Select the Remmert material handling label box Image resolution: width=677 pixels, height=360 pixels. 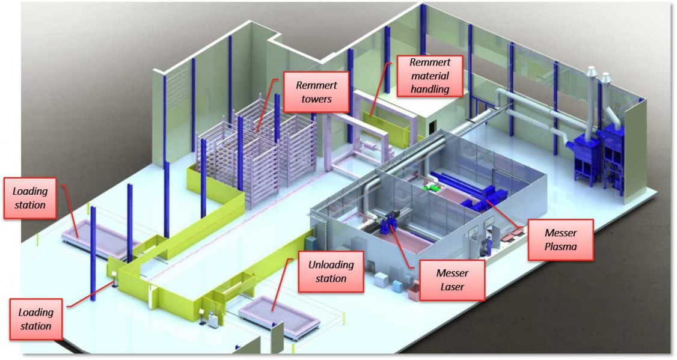pos(429,76)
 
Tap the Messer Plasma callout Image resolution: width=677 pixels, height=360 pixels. pos(560,240)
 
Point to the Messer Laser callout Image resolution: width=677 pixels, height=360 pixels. pos(452,279)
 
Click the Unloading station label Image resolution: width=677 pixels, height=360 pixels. pos(330,271)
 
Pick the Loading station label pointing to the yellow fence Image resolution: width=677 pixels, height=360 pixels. pos(35,319)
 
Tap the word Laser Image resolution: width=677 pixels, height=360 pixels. pos(452,287)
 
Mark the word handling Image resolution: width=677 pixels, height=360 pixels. pos(429,89)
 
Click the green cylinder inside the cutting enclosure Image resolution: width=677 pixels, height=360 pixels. pos(431,188)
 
